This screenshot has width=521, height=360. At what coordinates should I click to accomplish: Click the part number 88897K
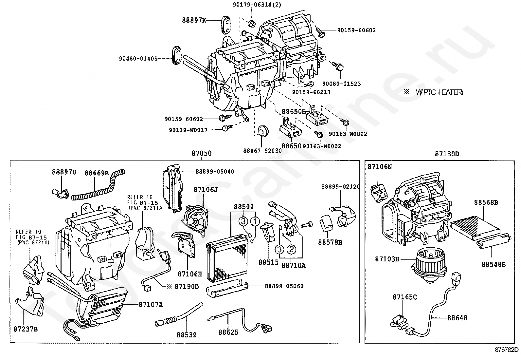[194, 20]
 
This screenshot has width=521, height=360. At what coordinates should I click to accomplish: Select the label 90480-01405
[138, 59]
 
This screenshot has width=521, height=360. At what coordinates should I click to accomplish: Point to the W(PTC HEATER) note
[439, 93]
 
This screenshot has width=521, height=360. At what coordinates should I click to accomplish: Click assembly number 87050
[201, 153]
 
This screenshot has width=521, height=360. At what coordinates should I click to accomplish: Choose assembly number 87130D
[447, 154]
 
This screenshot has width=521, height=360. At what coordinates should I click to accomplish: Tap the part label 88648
[457, 318]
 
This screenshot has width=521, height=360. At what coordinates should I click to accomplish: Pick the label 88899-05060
[284, 286]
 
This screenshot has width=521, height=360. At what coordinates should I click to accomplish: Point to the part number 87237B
[26, 329]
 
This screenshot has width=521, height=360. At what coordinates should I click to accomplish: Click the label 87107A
[151, 305]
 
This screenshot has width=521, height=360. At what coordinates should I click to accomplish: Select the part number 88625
[228, 332]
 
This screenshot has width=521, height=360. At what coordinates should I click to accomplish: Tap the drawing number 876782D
[506, 350]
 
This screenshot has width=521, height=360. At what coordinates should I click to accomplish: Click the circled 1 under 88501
[255, 221]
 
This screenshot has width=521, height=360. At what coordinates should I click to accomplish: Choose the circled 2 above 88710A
[291, 250]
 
